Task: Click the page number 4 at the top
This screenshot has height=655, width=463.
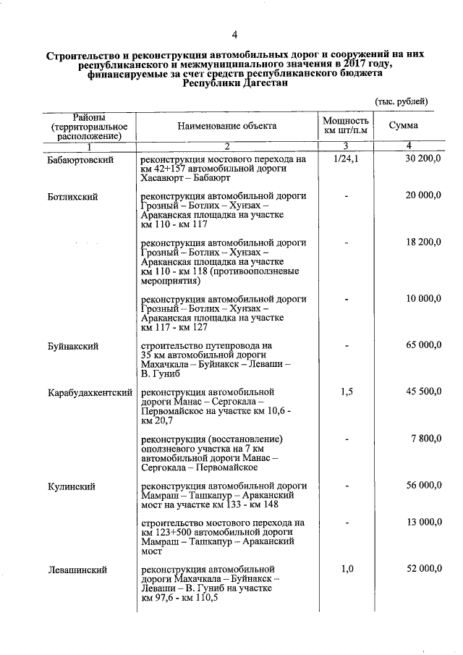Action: pos(234,35)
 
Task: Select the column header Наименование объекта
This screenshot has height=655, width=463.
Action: pos(227,126)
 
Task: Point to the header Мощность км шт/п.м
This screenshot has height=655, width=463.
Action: pos(346,126)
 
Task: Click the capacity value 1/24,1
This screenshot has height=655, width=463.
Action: pos(346,158)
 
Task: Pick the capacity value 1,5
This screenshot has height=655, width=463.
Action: pos(346,392)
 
